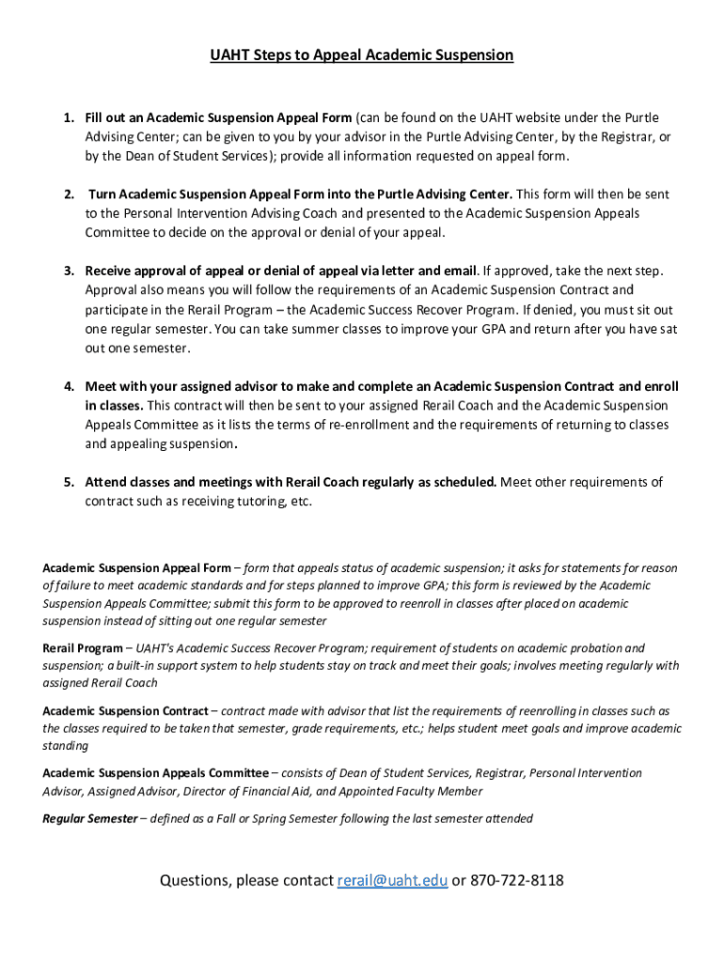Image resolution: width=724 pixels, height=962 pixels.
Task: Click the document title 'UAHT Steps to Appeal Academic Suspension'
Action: (362, 55)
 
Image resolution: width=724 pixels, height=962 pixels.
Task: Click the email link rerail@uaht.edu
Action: (391, 880)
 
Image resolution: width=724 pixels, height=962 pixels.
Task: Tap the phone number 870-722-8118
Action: (516, 880)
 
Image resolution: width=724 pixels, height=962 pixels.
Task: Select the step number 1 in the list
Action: (69, 117)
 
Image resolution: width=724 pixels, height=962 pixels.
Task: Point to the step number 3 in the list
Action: (69, 272)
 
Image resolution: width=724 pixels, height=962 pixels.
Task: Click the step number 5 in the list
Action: (69, 482)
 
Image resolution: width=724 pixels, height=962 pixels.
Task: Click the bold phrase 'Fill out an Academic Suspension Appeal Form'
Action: (218, 117)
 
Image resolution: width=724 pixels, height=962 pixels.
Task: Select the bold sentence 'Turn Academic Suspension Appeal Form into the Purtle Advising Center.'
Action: (301, 194)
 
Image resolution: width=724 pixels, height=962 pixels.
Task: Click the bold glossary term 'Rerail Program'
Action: (82, 648)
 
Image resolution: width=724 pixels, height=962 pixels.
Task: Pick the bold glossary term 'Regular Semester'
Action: (89, 818)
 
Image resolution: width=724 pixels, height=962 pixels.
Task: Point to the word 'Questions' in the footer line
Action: (194, 880)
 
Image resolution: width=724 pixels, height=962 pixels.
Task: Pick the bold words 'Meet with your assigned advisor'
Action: (177, 386)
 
